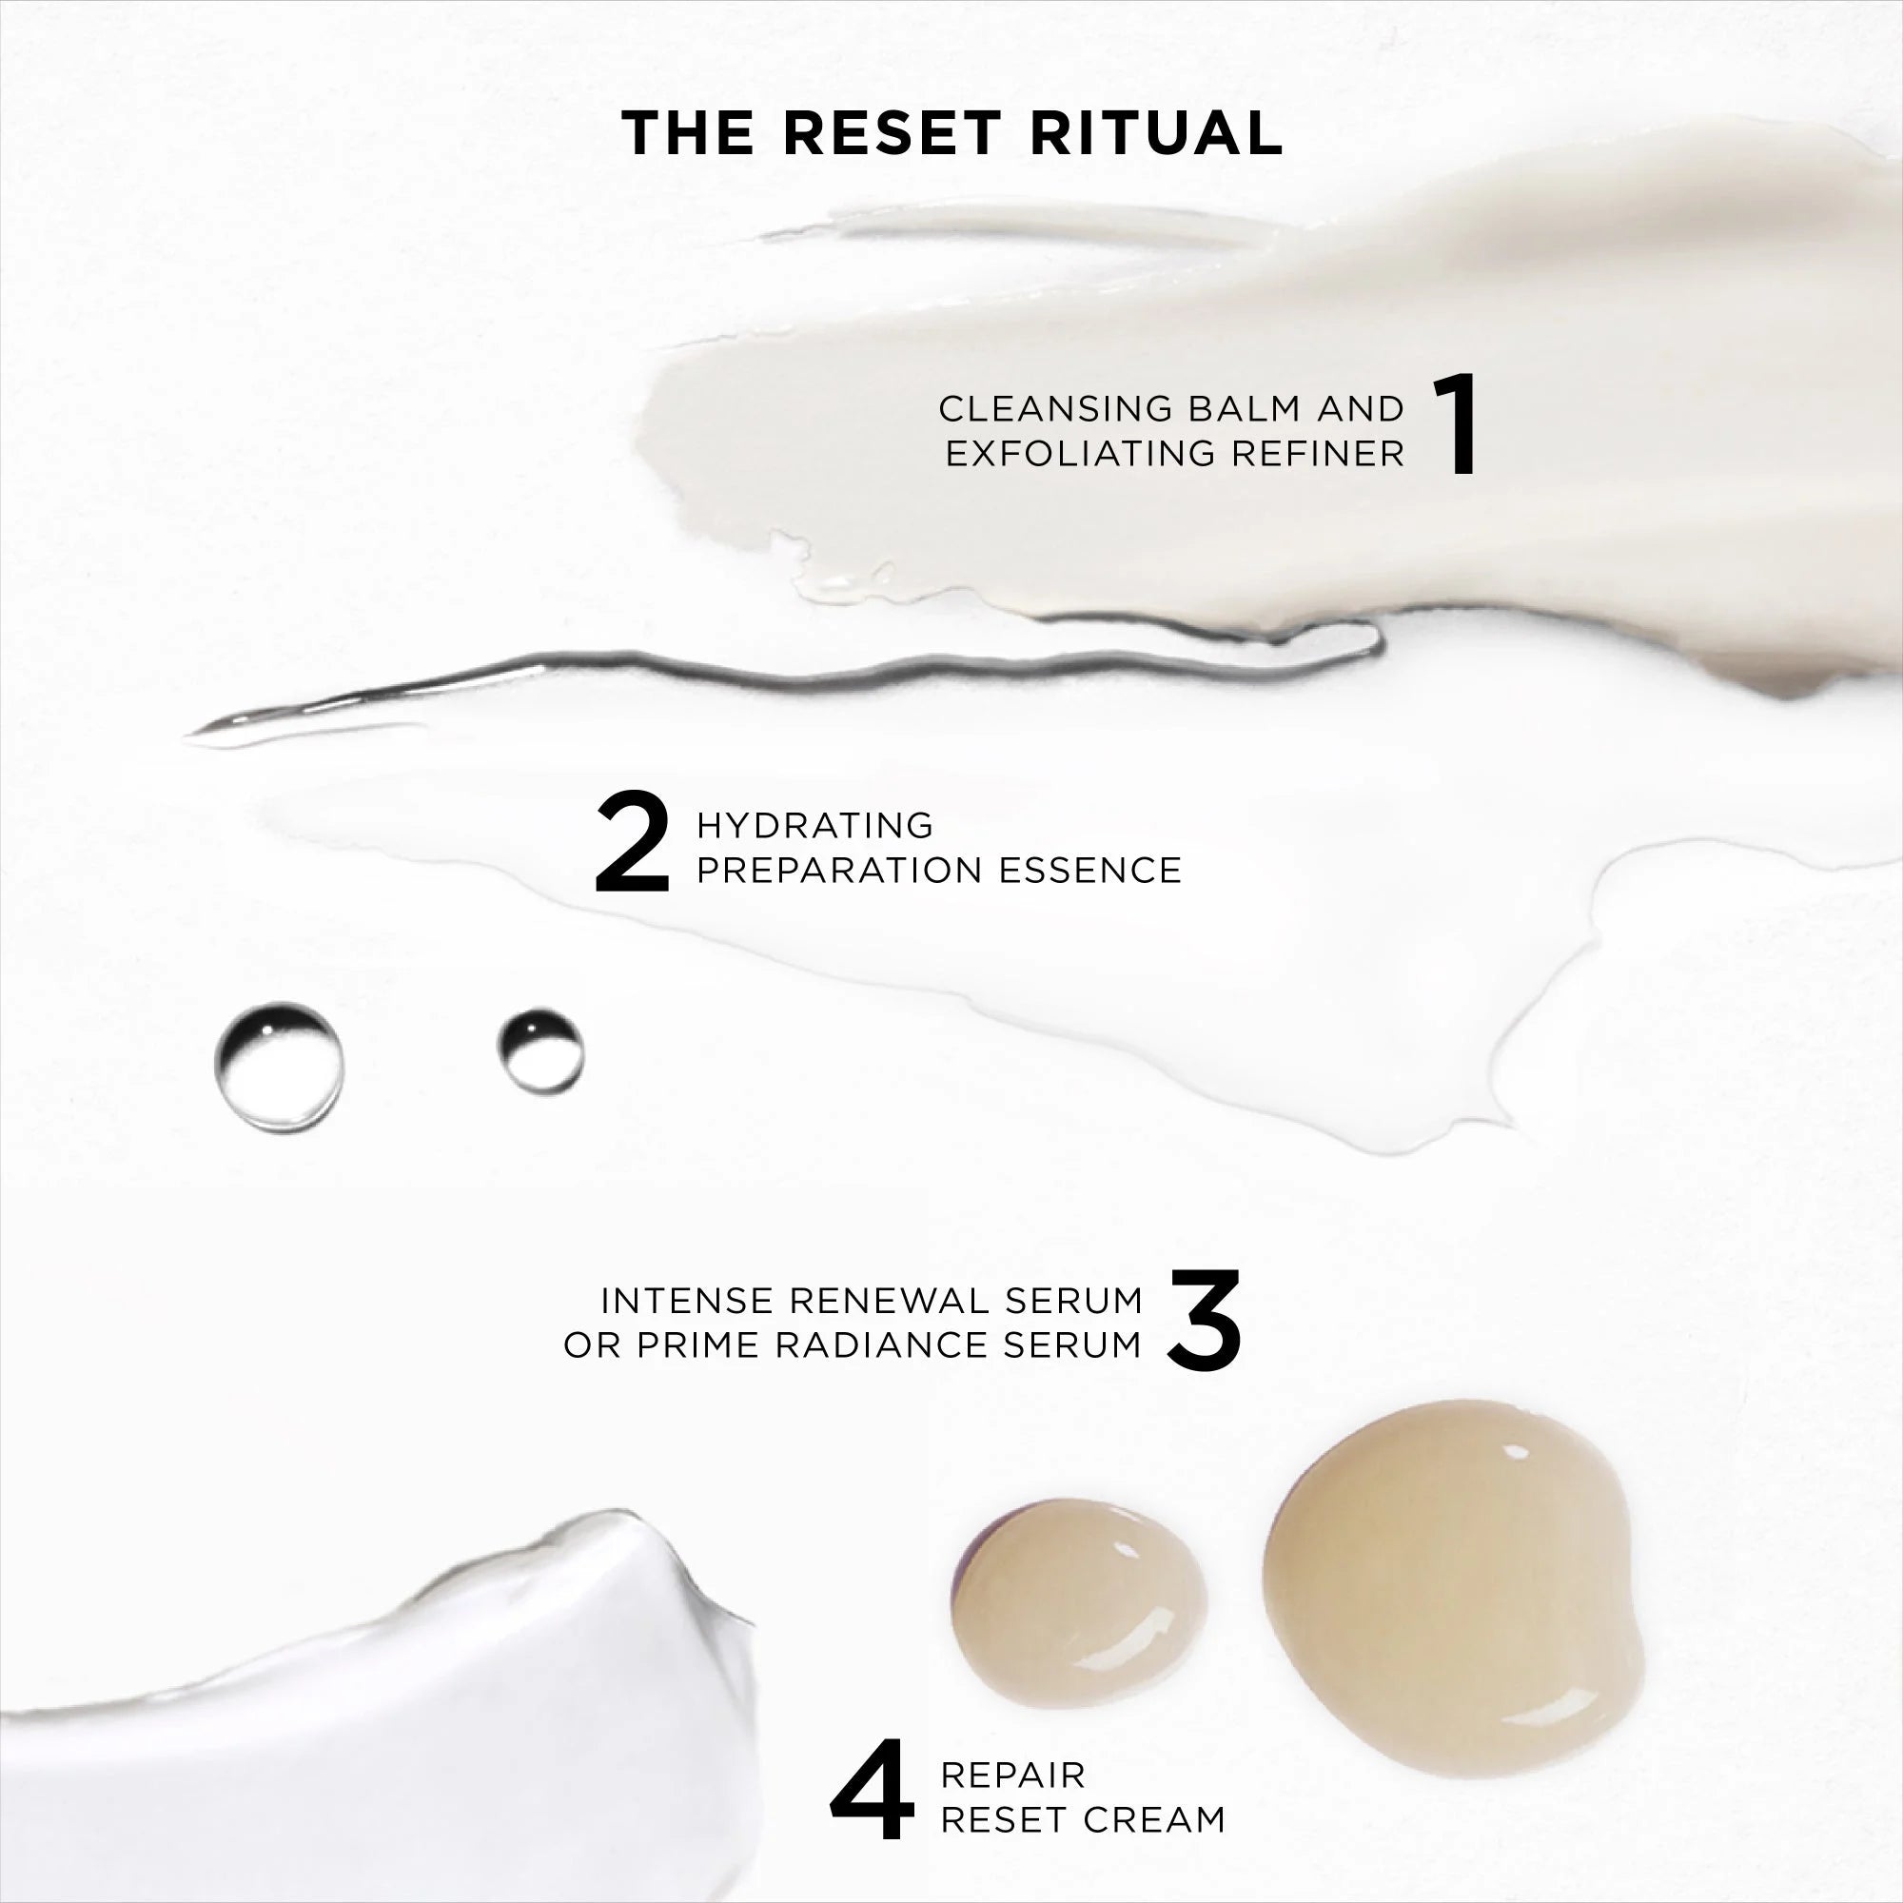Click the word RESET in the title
point(893,133)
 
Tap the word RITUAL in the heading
point(1156,133)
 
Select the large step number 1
point(1455,424)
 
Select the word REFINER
point(1319,453)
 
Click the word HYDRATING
point(814,825)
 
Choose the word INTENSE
point(687,1300)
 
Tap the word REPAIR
point(1012,1774)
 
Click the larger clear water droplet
point(280,1066)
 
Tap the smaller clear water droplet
point(540,1051)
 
